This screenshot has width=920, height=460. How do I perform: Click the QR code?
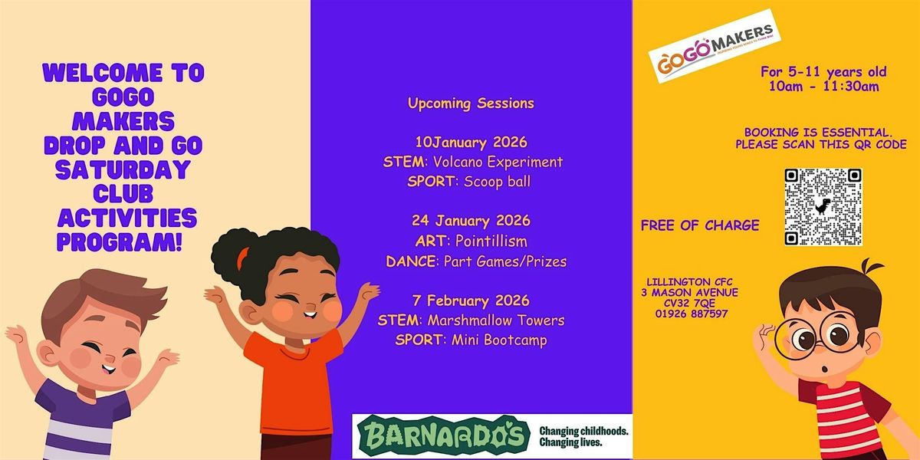point(823,207)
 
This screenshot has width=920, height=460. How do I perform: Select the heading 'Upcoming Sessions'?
point(471,103)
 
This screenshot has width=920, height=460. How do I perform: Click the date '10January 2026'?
point(471,143)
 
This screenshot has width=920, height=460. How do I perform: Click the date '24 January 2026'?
point(471,222)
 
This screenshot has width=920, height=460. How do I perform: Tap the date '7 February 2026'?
point(471,301)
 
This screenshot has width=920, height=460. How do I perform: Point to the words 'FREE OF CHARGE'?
point(700,225)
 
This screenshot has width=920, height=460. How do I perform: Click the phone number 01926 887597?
point(692,314)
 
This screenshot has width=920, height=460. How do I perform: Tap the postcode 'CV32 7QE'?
point(692,303)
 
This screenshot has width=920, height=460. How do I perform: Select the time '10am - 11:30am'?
point(823,87)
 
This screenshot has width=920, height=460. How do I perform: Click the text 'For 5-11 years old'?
point(823,72)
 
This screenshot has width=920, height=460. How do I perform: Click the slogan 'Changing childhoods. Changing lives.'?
point(584,437)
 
